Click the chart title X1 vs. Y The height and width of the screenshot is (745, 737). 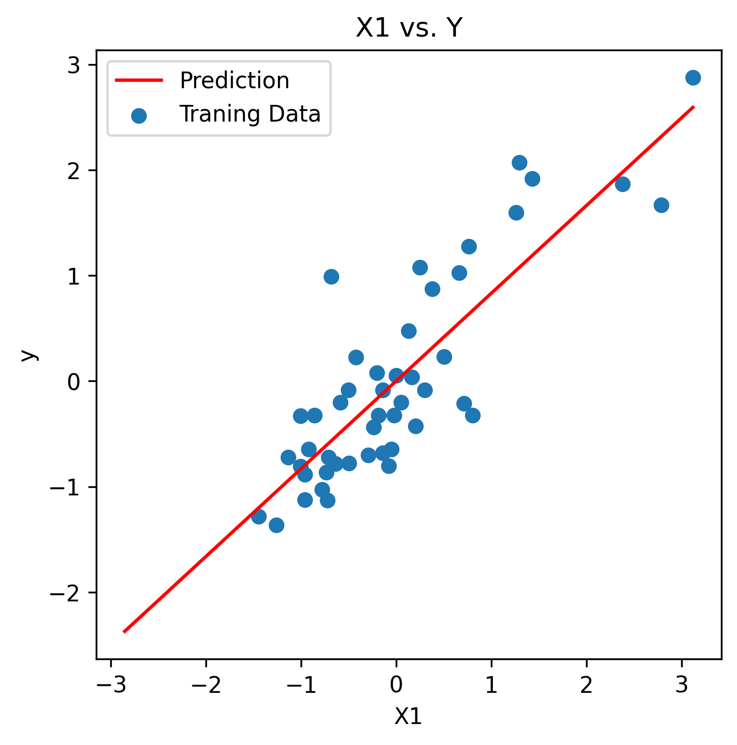click(409, 28)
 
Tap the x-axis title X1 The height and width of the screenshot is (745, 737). click(408, 716)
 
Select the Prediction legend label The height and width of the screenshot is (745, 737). click(234, 81)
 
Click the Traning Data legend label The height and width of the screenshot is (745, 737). click(249, 114)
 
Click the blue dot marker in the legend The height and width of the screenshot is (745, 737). click(139, 115)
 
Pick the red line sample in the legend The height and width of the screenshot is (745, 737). click(139, 81)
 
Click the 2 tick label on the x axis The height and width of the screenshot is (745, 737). click(586, 685)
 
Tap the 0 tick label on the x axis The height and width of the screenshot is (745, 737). click(396, 685)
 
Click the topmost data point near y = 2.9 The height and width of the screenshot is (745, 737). click(693, 78)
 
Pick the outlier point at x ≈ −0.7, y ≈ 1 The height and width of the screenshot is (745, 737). click(331, 276)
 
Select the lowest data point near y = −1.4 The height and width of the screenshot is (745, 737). click(276, 525)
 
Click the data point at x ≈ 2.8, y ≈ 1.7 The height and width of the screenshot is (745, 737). click(661, 205)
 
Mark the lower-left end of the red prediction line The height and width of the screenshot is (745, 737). click(124, 632)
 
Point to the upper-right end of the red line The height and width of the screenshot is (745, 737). click(693, 107)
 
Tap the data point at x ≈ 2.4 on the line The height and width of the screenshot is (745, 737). click(622, 184)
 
